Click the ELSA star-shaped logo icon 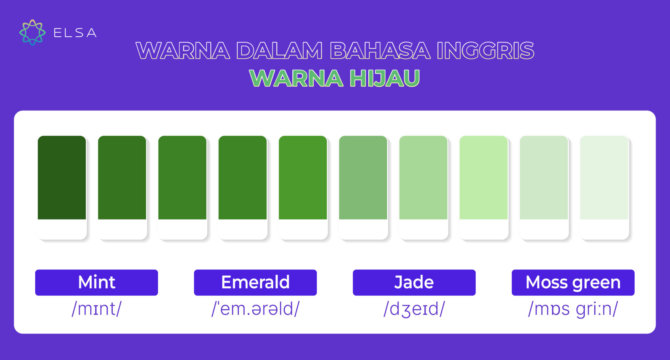click(x=32, y=32)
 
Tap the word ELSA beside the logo click(x=75, y=33)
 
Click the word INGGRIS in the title click(x=485, y=51)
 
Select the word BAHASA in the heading click(x=380, y=51)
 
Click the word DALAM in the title click(x=280, y=51)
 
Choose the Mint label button click(x=97, y=283)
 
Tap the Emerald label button click(x=255, y=283)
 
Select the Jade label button click(x=414, y=283)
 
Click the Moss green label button click(x=573, y=283)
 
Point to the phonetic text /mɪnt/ click(x=97, y=309)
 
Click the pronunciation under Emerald click(x=255, y=309)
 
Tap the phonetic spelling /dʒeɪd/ click(x=414, y=309)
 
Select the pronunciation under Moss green click(x=573, y=309)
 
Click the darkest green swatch click(x=62, y=178)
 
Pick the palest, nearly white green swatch click(x=604, y=178)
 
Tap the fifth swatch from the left click(x=303, y=178)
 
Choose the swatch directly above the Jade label click(x=423, y=178)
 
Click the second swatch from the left click(x=122, y=178)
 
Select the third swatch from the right click(x=484, y=178)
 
